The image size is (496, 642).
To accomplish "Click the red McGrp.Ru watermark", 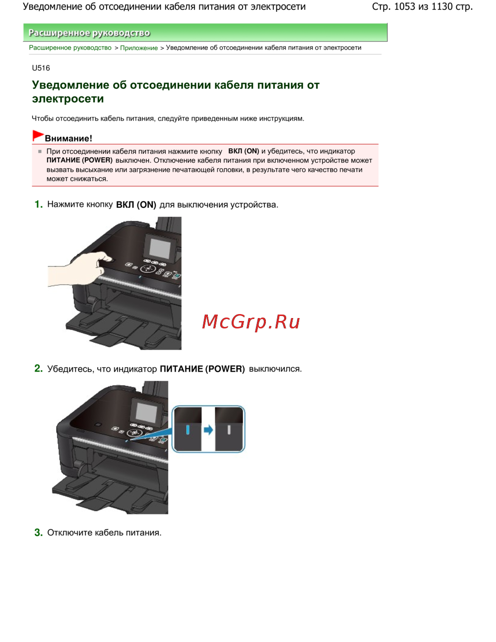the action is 250,321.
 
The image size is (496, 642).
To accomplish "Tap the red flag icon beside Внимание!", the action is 38,135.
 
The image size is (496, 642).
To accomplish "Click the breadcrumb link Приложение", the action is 139,48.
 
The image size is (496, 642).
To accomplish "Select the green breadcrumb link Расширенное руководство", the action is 70,48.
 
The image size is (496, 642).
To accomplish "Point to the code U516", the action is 41,68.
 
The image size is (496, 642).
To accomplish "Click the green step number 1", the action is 38,204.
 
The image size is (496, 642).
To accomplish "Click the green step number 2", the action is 38,369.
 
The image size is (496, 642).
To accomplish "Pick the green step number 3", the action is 38,532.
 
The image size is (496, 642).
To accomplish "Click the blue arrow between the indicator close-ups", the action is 208,430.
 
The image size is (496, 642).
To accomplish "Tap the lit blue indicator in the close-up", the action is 188,430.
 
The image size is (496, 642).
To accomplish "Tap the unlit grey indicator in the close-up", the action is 229,430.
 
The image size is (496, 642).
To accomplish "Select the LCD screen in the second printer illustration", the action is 146,413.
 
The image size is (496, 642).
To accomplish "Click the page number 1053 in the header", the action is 404,6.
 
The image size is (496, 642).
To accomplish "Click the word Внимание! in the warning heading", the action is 68,138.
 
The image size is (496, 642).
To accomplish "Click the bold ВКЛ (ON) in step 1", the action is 136,204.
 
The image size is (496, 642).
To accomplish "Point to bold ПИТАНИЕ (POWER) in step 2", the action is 202,369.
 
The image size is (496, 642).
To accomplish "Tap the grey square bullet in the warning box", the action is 40,151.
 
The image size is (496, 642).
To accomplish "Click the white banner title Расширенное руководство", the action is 89,33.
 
